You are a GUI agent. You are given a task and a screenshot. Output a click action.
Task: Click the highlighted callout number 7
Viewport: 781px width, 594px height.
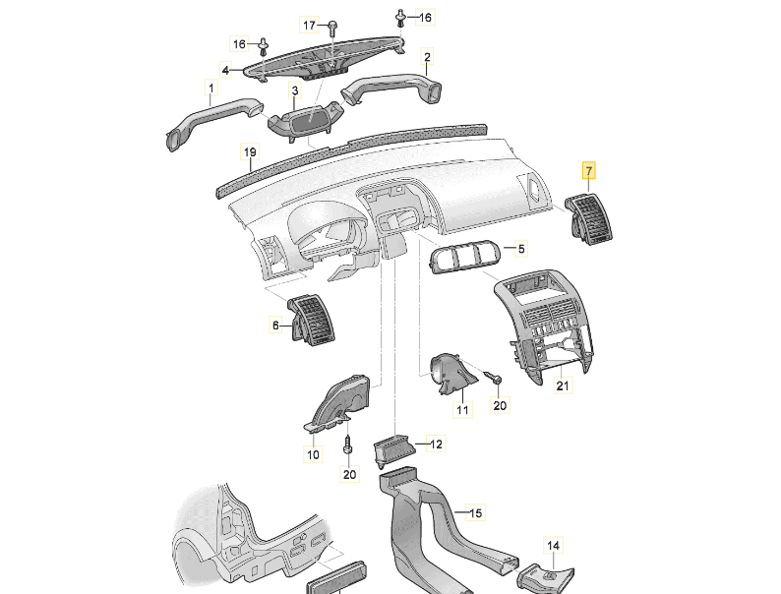pos(588,171)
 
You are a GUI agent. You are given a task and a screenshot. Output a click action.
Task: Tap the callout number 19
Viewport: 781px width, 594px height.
pos(250,152)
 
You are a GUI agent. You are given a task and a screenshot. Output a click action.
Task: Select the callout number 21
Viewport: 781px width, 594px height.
pos(562,386)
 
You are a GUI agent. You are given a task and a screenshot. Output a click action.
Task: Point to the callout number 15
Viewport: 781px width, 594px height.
pos(475,513)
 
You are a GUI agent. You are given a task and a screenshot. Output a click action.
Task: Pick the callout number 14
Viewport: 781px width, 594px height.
pos(553,545)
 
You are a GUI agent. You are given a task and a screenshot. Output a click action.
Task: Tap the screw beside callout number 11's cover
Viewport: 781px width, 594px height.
pos(496,379)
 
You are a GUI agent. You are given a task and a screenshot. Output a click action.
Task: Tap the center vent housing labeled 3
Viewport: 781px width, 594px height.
pos(305,124)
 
